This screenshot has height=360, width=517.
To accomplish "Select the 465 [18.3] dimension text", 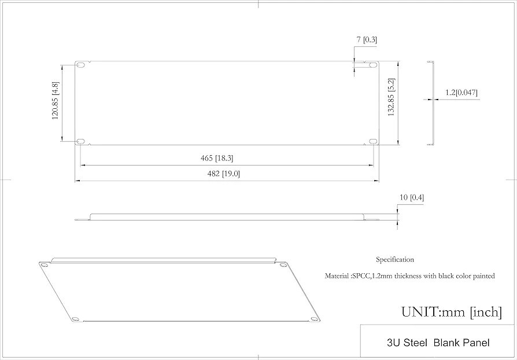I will click(216, 158).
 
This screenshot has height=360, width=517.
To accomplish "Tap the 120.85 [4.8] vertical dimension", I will click(56, 100).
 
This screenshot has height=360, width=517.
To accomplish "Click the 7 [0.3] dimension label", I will click(367, 39).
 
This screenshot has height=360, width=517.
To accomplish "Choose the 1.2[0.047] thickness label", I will click(461, 93).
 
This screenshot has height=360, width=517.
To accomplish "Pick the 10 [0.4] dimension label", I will click(411, 197).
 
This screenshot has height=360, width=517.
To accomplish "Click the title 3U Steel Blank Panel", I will click(438, 343).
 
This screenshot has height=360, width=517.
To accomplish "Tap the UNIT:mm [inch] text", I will click(451, 312).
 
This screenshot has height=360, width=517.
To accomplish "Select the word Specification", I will click(394, 260).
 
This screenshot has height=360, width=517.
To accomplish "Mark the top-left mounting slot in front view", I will click(81, 65).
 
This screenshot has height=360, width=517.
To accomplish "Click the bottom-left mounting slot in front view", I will click(81, 141).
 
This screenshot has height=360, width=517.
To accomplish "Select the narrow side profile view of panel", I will click(431, 102).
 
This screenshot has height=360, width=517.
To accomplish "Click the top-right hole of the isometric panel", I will click(282, 265).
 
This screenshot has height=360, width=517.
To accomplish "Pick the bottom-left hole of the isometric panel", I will click(75, 317).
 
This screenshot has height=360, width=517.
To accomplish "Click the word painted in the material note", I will click(482, 276).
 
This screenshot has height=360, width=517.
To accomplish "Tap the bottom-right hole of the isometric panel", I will click(314, 317).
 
